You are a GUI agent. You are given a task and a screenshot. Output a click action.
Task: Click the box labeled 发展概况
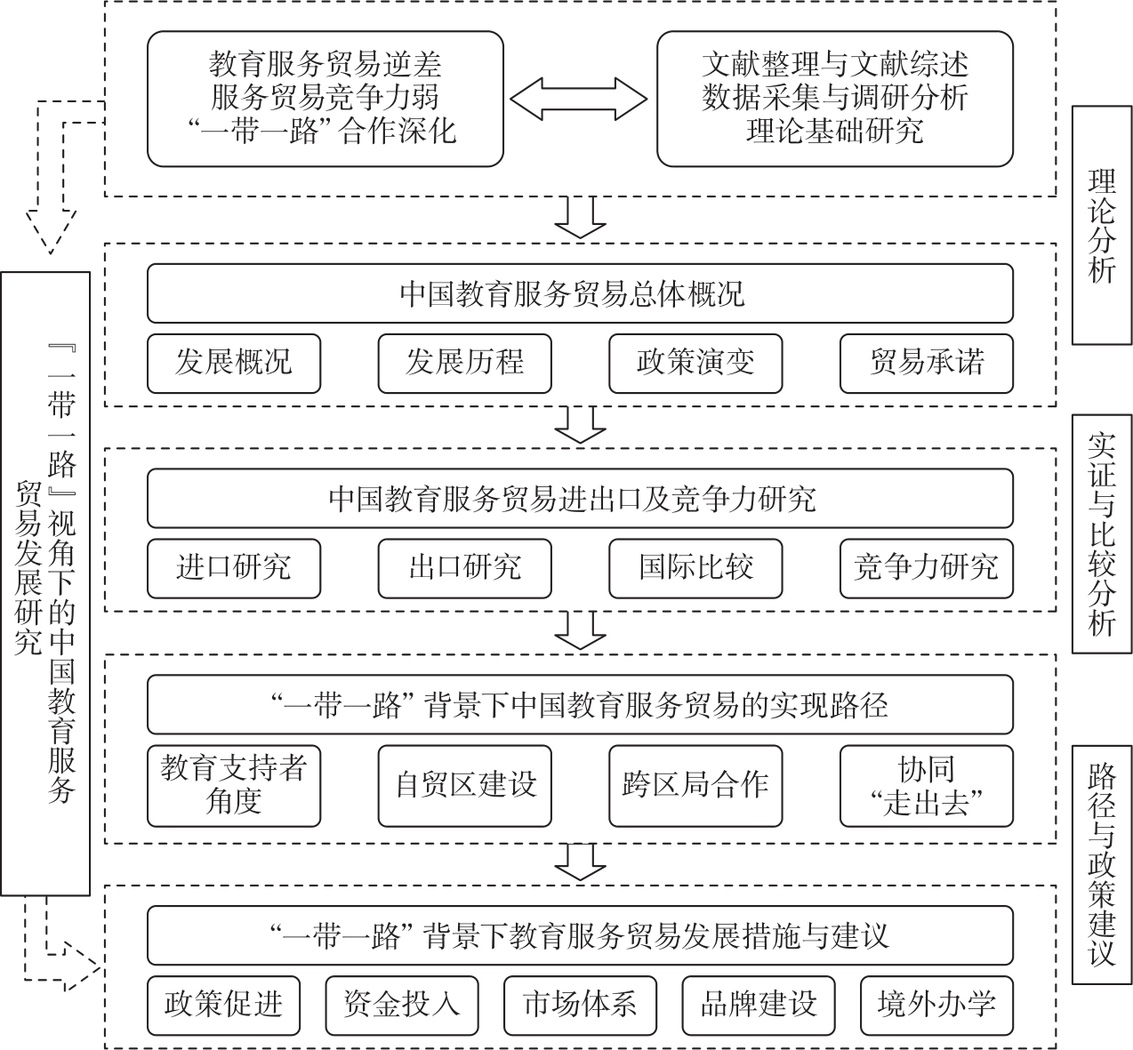tap(233, 363)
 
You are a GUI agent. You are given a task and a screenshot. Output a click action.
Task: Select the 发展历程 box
tap(464, 363)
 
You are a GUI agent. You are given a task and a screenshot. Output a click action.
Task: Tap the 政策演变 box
tap(695, 363)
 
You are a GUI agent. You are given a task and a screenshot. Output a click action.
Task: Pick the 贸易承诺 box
tap(926, 363)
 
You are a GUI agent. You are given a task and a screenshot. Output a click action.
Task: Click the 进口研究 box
tap(233, 567)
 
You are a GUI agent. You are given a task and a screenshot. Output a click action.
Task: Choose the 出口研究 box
tap(464, 567)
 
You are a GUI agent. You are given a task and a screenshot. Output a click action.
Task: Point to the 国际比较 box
tap(695, 567)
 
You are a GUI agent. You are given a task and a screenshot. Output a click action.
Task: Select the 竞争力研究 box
tap(926, 567)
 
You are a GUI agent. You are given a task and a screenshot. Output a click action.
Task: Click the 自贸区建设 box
tap(464, 785)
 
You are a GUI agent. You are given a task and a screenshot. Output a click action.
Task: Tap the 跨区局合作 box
tap(695, 785)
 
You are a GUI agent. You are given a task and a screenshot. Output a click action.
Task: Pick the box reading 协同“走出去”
tap(926, 785)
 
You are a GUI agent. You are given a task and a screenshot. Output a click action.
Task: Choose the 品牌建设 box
tap(758, 1005)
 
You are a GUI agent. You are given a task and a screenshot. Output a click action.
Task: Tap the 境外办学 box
tap(936, 1005)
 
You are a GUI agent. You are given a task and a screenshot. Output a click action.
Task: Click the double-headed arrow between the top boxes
tap(578, 98)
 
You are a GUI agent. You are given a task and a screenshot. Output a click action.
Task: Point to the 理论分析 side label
tap(1102, 225)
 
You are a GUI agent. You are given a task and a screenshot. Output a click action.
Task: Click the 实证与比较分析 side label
tap(1102, 534)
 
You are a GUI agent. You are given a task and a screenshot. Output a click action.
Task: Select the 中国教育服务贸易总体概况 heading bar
tap(580, 293)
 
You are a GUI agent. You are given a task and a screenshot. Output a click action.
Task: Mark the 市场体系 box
tap(580, 1005)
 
